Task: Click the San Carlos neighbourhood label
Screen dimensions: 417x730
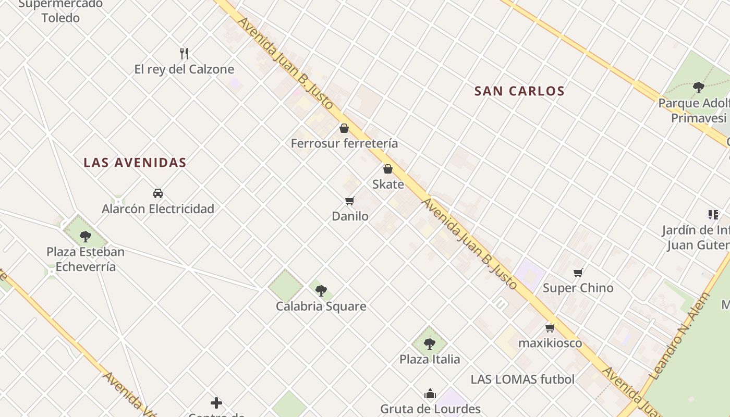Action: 519,91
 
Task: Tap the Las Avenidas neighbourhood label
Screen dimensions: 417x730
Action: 135,163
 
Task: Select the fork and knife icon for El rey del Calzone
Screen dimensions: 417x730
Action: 184,53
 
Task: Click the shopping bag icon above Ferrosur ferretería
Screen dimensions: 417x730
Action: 344,128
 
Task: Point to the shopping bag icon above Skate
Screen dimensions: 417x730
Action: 388,169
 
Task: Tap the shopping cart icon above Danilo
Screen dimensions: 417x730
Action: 350,201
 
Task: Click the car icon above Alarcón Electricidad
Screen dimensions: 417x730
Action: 158,193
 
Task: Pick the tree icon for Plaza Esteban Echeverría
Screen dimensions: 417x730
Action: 86,237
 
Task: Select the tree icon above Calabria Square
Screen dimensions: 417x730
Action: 321,291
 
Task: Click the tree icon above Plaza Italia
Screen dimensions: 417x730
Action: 430,344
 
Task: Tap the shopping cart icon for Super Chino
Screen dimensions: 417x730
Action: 578,273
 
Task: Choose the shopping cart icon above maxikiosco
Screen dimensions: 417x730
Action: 550,328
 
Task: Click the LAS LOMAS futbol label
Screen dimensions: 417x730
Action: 522,379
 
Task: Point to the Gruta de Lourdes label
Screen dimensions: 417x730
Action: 430,409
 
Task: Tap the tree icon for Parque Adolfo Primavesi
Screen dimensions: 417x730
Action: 699,88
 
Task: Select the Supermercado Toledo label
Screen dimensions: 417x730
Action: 60,11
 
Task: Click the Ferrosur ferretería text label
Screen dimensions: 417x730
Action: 344,143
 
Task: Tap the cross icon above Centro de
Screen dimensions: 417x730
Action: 216,403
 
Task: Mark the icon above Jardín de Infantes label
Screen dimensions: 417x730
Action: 713,215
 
